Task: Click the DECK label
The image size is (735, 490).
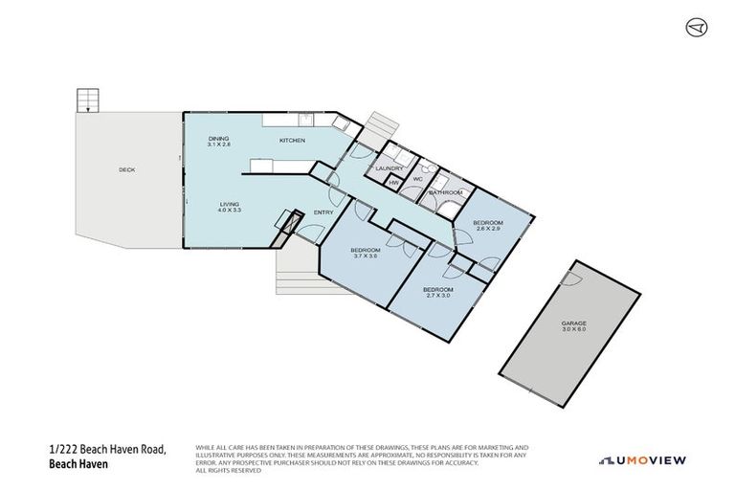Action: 126,169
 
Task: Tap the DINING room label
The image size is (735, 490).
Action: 219,140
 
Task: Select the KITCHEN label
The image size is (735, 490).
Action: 292,141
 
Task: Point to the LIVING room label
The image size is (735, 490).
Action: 229,203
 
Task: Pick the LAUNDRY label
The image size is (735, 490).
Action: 390,169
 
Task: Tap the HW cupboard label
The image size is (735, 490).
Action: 393,182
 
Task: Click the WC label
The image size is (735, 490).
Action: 417,179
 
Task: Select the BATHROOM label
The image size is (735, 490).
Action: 445,192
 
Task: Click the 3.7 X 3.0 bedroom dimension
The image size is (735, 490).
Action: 366,256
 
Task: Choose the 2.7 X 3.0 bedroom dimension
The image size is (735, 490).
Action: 437,295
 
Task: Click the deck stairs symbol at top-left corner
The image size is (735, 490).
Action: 87,100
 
